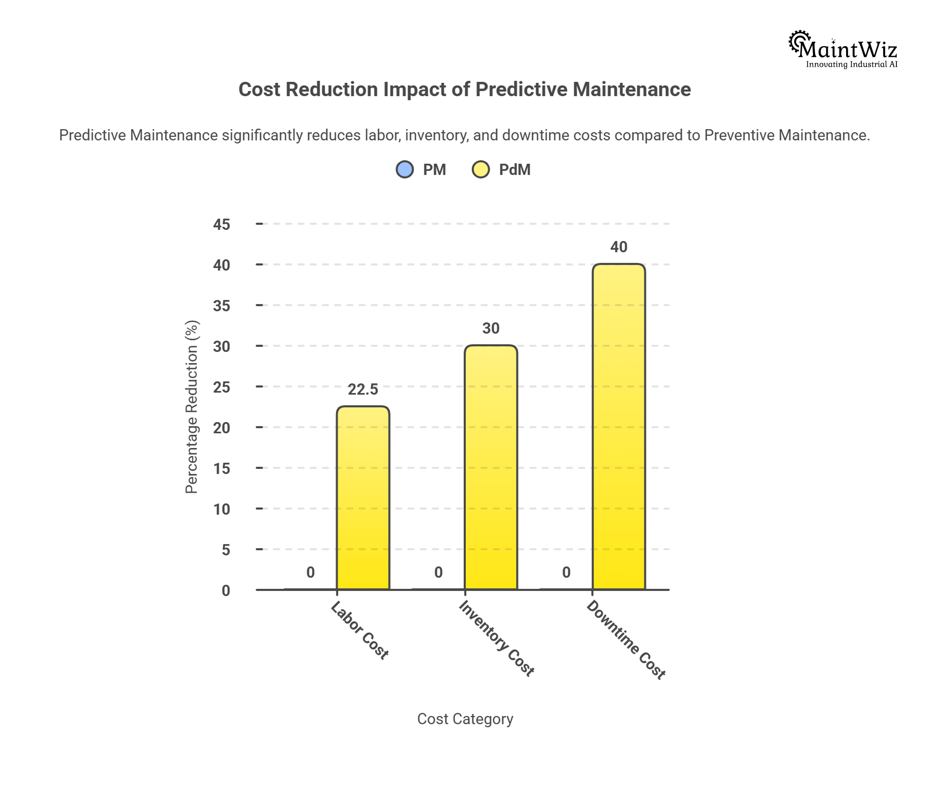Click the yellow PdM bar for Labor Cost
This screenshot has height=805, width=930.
[363, 498]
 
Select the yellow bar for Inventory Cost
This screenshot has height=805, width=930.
[491, 468]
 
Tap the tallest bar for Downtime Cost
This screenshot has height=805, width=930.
[619, 427]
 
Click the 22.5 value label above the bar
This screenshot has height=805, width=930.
[363, 390]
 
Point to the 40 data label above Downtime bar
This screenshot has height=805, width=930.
[619, 247]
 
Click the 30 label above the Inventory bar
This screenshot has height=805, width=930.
[491, 329]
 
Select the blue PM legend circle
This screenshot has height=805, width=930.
[405, 169]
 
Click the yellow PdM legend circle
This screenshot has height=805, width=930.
[481, 169]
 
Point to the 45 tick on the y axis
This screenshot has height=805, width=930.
[222, 224]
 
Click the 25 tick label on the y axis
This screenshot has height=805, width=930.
[222, 387]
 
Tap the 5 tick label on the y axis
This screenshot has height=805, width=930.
[226, 550]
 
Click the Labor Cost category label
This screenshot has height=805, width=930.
[360, 630]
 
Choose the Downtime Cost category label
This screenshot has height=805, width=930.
[626, 640]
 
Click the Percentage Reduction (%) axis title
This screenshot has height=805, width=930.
[192, 407]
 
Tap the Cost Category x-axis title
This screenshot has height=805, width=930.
[465, 719]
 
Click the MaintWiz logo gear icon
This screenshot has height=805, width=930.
[798, 42]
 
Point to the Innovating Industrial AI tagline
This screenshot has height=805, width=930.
[852, 65]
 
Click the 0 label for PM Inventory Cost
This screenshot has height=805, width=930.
[438, 573]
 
